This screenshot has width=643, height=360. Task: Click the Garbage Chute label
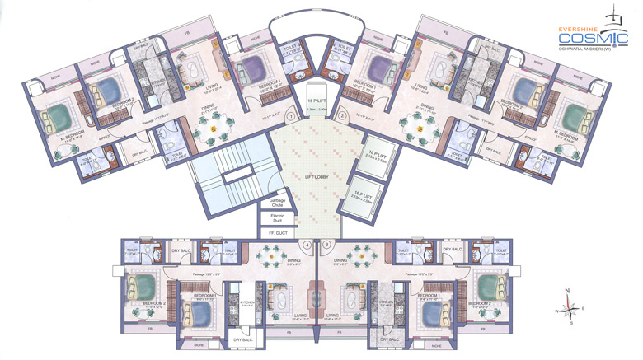[x=277, y=203]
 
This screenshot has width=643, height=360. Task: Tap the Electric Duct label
[x=277, y=219]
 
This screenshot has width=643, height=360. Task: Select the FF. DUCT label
[x=277, y=234]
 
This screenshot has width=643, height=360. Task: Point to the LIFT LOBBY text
[x=306, y=177]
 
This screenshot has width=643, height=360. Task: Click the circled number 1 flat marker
[x=291, y=118]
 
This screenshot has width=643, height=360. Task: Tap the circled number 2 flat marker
[x=342, y=118]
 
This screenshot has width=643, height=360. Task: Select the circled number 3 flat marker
[x=327, y=245]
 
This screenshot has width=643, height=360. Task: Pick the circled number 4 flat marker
[x=307, y=245]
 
